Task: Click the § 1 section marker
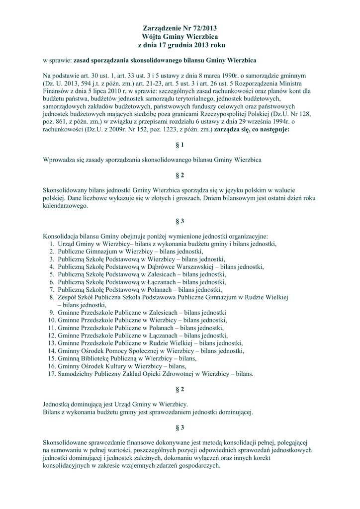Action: pyautogui.click(x=180, y=145)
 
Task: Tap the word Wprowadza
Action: pyautogui.click(x=59, y=160)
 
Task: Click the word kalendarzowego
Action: pyautogui.click(x=65, y=205)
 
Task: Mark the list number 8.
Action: pyautogui.click(x=52, y=297)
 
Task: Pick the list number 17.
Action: pyautogui.click(x=51, y=373)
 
